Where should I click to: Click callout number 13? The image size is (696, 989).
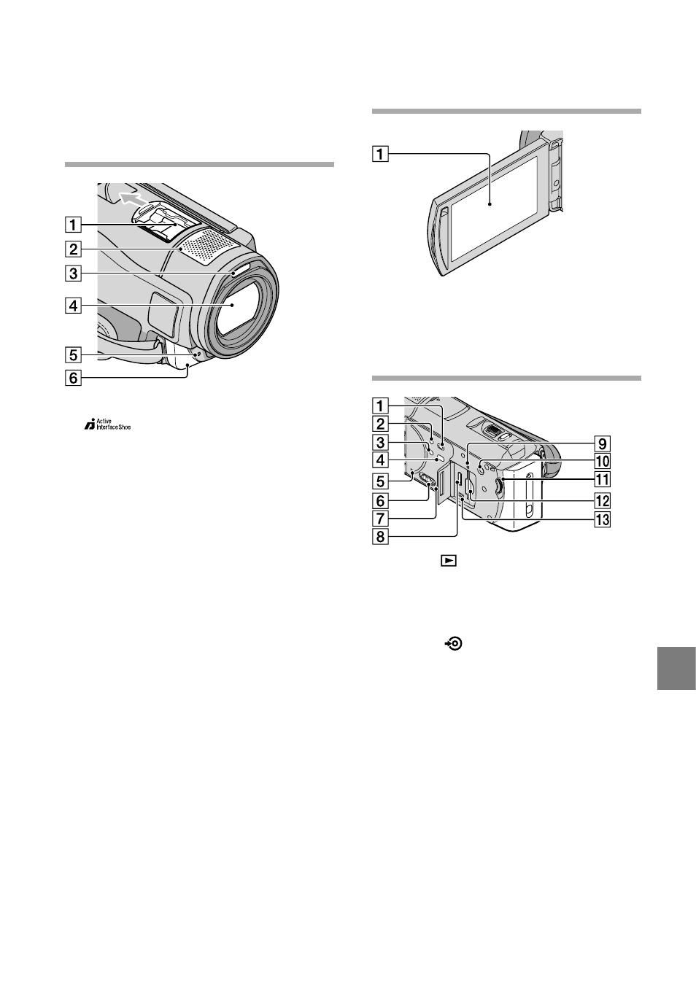point(603,519)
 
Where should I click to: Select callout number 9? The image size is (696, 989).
point(603,443)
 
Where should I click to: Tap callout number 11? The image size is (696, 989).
point(603,479)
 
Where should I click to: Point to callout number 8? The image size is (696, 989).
point(380,537)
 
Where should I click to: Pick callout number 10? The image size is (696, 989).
point(603,461)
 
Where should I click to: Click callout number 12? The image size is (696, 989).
point(603,500)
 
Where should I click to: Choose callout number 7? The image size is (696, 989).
point(380,519)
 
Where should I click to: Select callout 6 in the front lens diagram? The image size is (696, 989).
point(73,378)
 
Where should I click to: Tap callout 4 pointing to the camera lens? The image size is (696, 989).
point(73,305)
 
